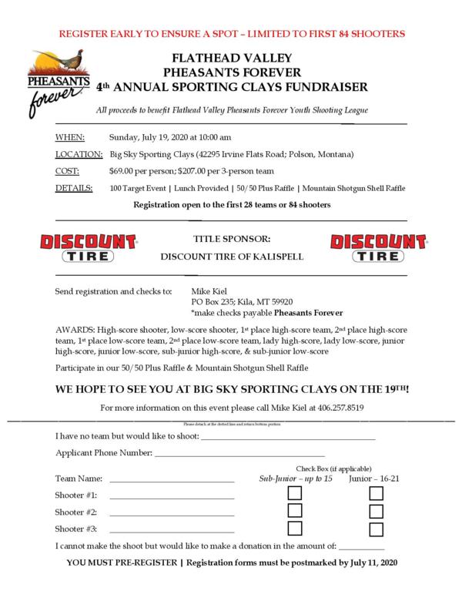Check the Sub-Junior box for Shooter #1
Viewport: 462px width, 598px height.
click(295, 494)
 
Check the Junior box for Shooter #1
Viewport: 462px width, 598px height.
click(376, 494)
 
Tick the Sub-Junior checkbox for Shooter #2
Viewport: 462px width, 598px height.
click(295, 512)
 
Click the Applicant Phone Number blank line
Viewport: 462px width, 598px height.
click(239, 455)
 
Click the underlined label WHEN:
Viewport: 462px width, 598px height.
click(70, 137)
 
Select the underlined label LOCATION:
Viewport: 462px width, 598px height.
click(79, 154)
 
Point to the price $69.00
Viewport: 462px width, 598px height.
click(126, 171)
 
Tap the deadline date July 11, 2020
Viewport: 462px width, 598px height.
click(368, 564)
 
